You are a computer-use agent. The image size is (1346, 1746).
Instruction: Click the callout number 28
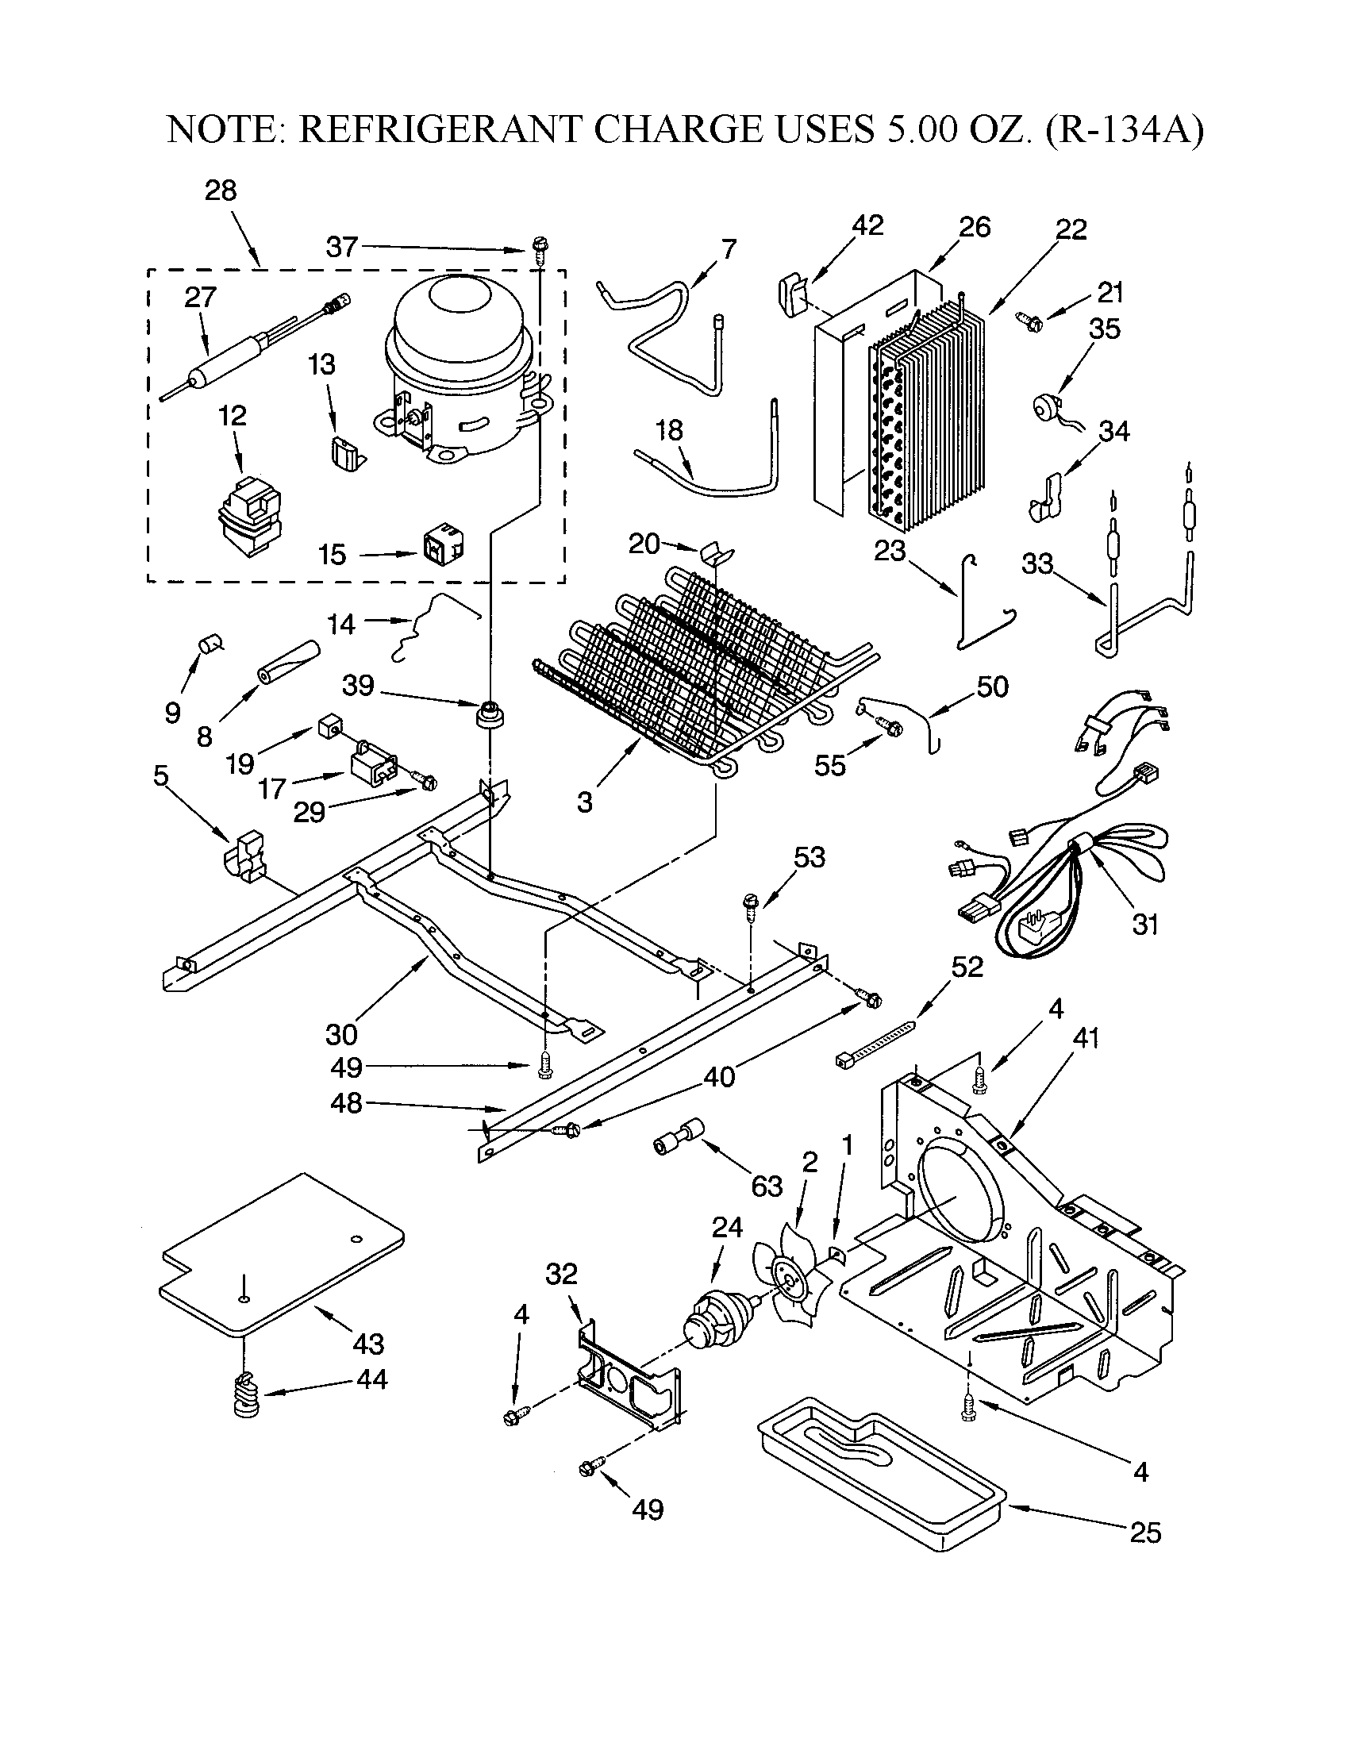221,190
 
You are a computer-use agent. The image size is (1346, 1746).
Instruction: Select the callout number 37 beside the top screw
341,247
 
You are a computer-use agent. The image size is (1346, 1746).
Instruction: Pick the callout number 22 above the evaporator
1071,229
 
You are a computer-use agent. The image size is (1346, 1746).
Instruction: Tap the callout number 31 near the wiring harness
1144,925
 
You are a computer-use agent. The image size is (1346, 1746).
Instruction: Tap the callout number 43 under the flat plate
368,1344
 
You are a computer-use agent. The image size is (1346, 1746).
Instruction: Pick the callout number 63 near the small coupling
767,1186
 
